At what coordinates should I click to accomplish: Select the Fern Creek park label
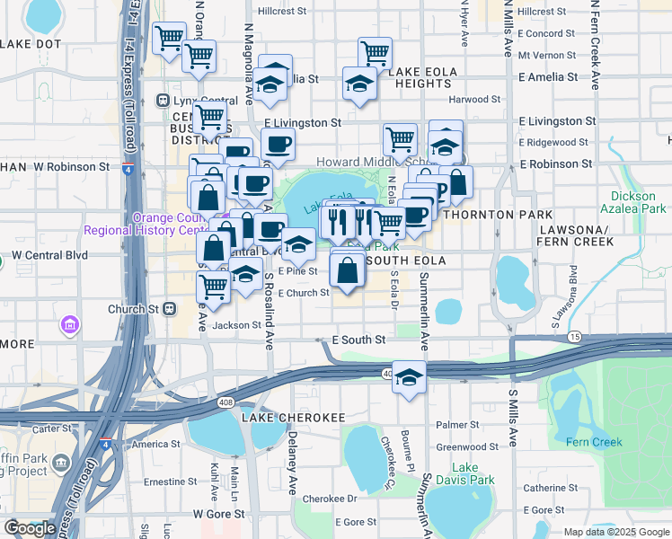pos(595,441)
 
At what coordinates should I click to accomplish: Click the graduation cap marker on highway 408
pos(409,377)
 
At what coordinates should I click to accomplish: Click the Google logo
pos(30,528)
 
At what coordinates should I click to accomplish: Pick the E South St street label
pos(358,340)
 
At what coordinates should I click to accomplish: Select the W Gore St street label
pos(219,514)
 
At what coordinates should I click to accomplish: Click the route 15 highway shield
pos(574,336)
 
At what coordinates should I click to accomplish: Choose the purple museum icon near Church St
pos(70,323)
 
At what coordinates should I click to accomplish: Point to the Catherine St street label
pos(552,488)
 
